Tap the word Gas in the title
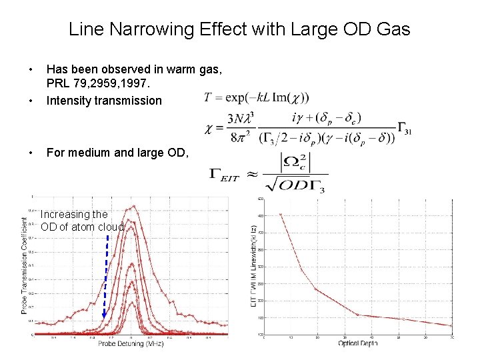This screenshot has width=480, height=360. point(394,29)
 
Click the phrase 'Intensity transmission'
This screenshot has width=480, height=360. point(104,101)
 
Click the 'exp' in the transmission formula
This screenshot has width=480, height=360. point(235,98)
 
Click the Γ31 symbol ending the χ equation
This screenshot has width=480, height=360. point(406,131)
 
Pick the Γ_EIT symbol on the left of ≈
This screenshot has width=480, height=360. point(227,175)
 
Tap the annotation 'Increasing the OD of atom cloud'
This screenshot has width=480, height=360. point(82,221)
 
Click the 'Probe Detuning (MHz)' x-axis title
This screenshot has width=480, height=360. point(131,344)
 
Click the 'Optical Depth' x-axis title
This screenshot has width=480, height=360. point(358,343)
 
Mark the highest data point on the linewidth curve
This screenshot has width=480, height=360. point(281,215)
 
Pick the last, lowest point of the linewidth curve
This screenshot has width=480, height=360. point(451,325)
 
